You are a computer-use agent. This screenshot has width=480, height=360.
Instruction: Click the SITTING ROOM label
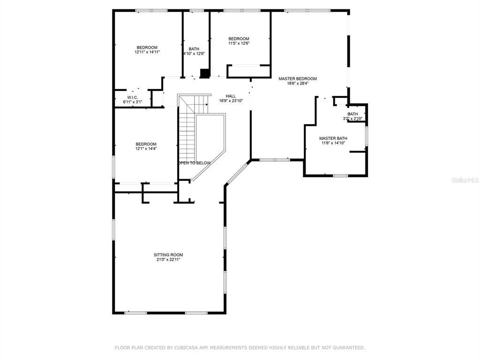tap(168, 255)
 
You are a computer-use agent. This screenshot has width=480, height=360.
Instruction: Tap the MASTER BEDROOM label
tap(298, 79)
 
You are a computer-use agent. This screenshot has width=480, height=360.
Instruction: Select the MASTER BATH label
tap(333, 138)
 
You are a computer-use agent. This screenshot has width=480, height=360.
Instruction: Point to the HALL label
tap(231, 96)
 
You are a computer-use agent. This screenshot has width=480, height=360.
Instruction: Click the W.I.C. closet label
tap(133, 97)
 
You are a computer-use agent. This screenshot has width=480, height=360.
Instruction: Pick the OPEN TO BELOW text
tap(195, 163)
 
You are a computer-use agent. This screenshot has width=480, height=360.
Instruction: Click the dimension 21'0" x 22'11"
tap(168, 260)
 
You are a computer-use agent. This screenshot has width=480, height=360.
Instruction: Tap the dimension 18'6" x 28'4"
tap(298, 83)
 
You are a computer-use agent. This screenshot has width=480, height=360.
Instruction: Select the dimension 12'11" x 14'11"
tap(147, 52)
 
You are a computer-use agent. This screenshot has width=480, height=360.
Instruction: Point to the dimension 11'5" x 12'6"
tap(239, 43)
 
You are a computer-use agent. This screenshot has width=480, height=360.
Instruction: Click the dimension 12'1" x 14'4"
tap(146, 149)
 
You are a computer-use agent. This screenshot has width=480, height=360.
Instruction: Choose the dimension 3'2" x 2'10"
tap(352, 119)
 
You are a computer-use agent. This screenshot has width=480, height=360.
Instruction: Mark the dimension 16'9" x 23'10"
tap(231, 101)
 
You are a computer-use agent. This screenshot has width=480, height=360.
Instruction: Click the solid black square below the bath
tap(204, 74)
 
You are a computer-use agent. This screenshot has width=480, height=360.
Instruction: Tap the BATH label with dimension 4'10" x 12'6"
tap(194, 49)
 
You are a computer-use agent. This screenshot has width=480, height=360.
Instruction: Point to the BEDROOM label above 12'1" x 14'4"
tap(146, 144)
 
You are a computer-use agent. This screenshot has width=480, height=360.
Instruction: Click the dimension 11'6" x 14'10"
tap(333, 143)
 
